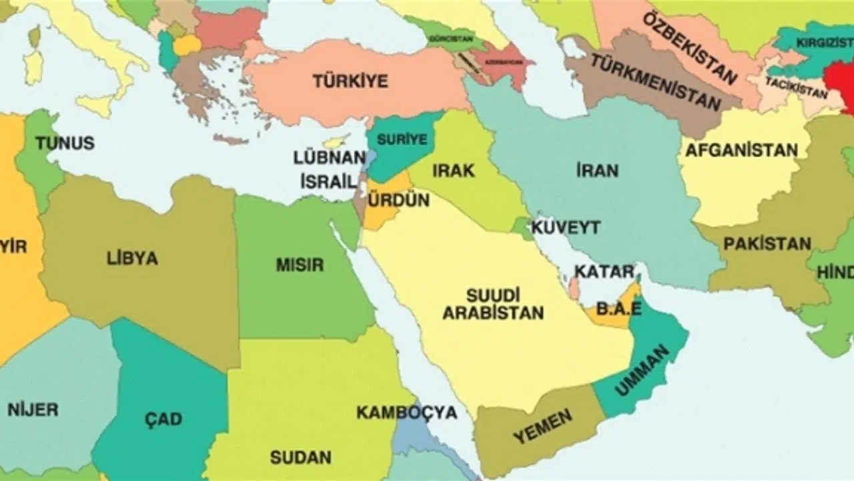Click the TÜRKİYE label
pyautogui.click(x=350, y=82)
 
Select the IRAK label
pyautogui.click(x=454, y=170)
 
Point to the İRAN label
pyautogui.click(x=597, y=170)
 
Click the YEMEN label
pyautogui.click(x=542, y=427)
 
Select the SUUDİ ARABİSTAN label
pyautogui.click(x=494, y=303)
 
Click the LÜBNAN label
pyautogui.click(x=330, y=158)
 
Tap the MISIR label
pyautogui.click(x=300, y=265)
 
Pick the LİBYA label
pyautogui.click(x=132, y=259)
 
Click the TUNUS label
pyautogui.click(x=65, y=143)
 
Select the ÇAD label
pyautogui.click(x=163, y=420)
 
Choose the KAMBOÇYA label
pyautogui.click(x=406, y=412)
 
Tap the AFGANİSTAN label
pyautogui.click(x=742, y=150)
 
